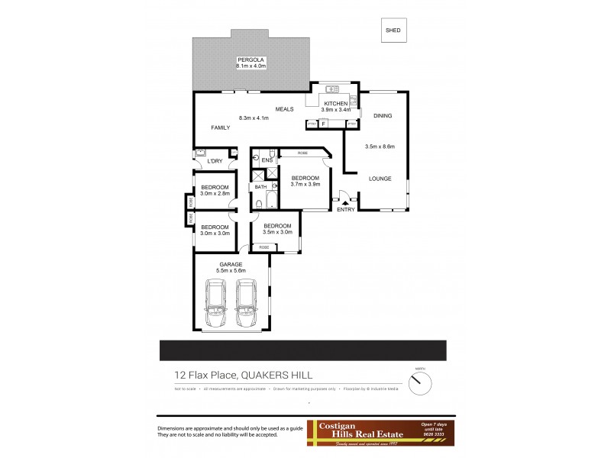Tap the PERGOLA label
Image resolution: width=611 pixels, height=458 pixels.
[251, 58]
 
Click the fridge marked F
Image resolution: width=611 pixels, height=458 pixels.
[323, 123]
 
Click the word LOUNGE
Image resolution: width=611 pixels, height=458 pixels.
[380, 179]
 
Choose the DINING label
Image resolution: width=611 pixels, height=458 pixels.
[382, 116]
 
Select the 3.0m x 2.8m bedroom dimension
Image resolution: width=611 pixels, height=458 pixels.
[215, 194]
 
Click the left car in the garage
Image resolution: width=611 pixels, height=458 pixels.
[215, 302]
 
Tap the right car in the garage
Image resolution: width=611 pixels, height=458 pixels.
[246, 302]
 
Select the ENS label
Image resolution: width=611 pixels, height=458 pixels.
[267, 160]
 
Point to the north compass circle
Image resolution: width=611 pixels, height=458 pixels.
[420, 383]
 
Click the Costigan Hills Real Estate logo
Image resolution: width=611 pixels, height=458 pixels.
[379, 432]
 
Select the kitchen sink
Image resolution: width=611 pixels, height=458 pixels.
[323, 88]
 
